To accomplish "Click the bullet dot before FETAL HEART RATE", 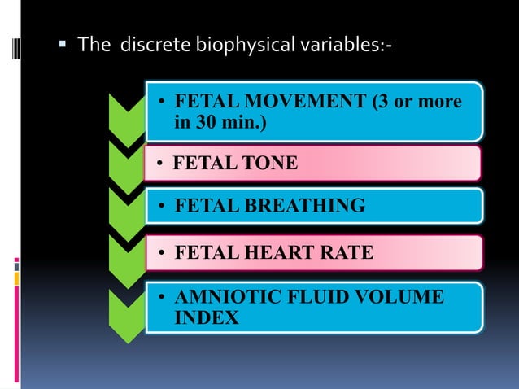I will click(x=163, y=254).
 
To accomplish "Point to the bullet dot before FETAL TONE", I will click(x=163, y=164).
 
